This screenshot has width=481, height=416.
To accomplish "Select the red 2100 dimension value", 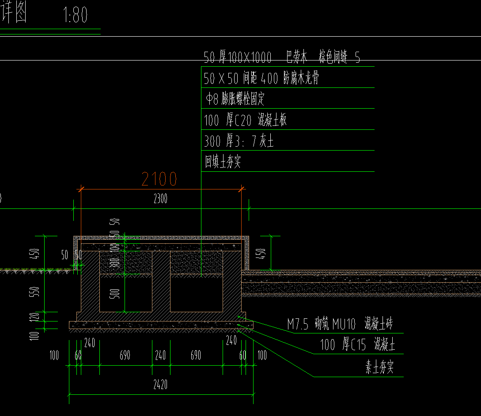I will pos(159,179).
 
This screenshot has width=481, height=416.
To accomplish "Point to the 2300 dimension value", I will pos(160,199).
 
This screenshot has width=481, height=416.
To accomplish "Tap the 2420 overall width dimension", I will pos(160,385).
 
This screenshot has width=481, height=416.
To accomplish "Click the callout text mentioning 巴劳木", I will pos(282,57).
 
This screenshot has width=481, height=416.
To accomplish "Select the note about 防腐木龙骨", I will pos(261,79).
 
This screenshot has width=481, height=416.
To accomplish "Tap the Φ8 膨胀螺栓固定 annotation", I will pos(235,99).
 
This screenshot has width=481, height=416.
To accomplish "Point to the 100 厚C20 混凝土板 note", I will pos(246,120).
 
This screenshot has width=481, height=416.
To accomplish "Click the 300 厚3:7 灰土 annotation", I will pos(239,141).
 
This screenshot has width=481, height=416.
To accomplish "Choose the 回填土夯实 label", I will pos(223,162).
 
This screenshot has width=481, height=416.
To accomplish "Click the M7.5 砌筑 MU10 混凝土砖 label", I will pos(339,325).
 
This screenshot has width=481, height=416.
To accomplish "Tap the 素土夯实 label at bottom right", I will pos(379,368).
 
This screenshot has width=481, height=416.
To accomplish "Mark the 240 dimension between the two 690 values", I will pos(160,355).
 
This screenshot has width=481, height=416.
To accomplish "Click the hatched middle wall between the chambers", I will pos(161,283).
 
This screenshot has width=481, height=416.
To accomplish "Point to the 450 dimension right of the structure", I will pos(261,253).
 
